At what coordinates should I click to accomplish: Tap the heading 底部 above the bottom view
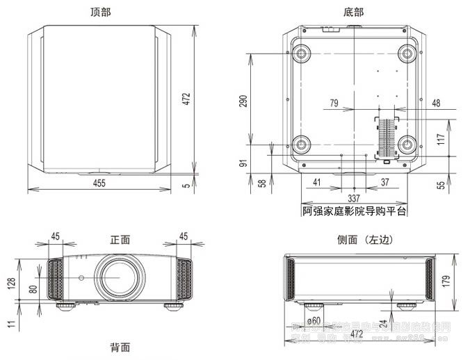click(x=353, y=12)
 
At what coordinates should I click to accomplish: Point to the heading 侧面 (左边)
click(x=364, y=240)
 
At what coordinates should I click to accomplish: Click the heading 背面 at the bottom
click(x=120, y=347)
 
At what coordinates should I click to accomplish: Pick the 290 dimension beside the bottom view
click(x=243, y=102)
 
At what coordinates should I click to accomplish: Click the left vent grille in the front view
click(x=53, y=280)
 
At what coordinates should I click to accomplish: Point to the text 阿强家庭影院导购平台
click(x=354, y=210)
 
